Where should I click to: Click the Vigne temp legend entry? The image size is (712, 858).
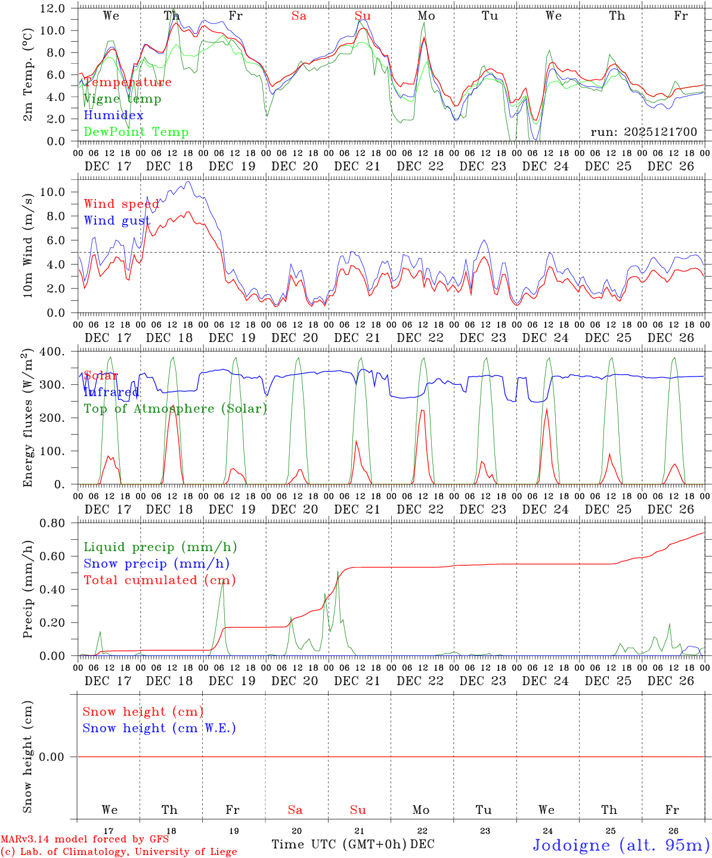coord(122,99)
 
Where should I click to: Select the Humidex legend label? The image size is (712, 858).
coord(113,116)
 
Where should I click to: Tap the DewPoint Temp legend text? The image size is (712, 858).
coord(136,132)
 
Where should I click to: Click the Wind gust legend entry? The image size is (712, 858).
coord(117,220)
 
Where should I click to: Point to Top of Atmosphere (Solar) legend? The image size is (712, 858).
coord(175,409)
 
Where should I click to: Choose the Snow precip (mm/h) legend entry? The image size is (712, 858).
coord(157,564)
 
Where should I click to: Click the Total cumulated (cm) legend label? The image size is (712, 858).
coord(160,580)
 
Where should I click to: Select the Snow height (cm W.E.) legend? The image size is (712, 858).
coord(159,728)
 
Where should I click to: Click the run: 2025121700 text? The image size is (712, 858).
coord(643,132)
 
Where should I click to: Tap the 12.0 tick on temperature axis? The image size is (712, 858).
coord(53,8)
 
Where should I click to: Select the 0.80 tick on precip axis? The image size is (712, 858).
coord(53,523)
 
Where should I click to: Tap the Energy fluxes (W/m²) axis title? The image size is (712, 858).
coord(27,418)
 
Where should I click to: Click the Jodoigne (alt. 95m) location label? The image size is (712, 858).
coord(621,845)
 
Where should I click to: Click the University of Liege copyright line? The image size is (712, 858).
coord(119,852)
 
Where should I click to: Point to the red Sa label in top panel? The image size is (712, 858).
coord(299,16)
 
